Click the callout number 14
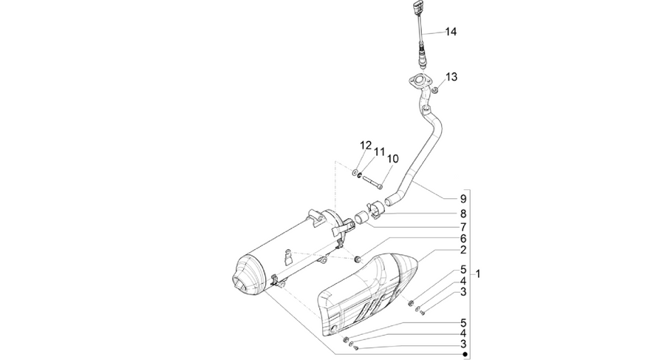[x=451, y=32]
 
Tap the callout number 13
[x=451, y=77]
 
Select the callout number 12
[x=366, y=145]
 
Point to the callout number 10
[x=393, y=159]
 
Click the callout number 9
[x=463, y=199]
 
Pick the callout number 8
[x=463, y=214]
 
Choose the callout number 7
[x=463, y=227]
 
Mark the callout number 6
[x=463, y=239]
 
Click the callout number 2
[x=463, y=250]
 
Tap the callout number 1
[x=478, y=274]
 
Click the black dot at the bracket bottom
[x=465, y=354]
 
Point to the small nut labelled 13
[x=434, y=90]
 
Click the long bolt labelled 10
[x=372, y=181]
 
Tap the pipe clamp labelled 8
[x=375, y=210]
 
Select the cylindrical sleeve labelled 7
[x=361, y=217]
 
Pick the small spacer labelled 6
[x=358, y=259]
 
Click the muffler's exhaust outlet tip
[x=240, y=285]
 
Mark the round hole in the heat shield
[x=335, y=329]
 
